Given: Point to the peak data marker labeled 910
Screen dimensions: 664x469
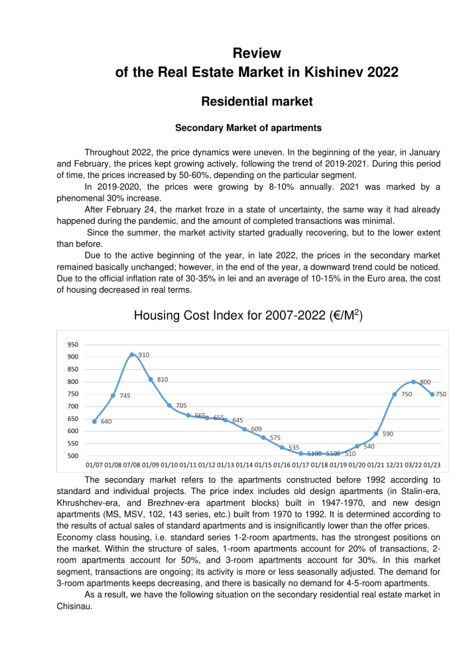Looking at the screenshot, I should pos(132,355).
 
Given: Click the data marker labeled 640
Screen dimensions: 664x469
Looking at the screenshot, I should pos(94,421).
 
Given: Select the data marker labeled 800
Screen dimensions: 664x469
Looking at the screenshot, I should pos(413,382).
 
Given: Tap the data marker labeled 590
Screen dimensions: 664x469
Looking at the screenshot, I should pos(375,434).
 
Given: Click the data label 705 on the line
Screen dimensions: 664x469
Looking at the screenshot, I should pos(181,405).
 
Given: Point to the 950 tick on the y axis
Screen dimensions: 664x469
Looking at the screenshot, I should pos(73,345).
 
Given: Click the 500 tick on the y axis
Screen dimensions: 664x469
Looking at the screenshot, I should pos(73,456).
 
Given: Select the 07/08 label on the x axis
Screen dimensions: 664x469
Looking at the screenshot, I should pos(132,465).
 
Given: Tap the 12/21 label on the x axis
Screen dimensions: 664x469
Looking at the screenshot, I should pos(395,465).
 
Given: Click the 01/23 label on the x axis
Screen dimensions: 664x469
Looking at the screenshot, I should pos(433,465).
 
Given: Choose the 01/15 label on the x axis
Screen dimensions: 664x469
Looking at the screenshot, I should pos(263,465).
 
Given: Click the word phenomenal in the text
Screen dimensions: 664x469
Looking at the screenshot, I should pos(80,198).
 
